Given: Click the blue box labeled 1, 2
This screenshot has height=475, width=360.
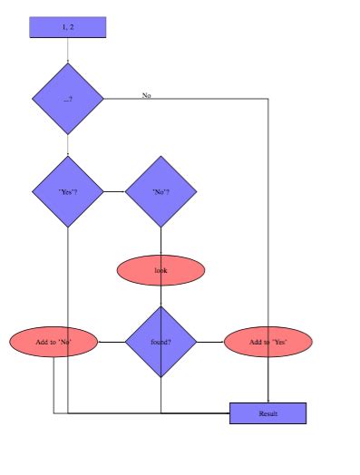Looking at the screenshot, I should coord(68,27).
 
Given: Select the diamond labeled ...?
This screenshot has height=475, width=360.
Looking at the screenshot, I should coord(68,97).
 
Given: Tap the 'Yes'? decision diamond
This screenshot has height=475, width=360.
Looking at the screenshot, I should coord(68,191).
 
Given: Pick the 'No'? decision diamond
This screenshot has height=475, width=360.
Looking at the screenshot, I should coord(161,191).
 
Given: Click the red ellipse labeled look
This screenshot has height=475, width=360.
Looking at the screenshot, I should coord(161,270).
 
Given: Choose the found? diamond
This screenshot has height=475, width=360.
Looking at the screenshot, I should coord(161,342).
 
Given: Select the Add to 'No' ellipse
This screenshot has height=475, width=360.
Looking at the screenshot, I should coord(53,342).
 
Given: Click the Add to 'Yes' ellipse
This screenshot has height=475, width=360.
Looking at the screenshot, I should coord(268,342).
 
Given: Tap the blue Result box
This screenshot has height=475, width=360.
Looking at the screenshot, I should coord(268,413).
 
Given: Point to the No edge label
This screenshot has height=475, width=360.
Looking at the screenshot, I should coord(146,94).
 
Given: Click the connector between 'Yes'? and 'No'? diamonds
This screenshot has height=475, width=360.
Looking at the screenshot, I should coord(114,191).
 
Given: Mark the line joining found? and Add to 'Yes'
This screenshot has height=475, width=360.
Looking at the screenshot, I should coord(209,342).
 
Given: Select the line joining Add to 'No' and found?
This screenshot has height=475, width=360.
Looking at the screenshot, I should coord(111,342).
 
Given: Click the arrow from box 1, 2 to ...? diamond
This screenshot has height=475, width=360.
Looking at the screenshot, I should coord(68,51).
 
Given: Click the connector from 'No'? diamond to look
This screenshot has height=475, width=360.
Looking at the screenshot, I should coord(161,241).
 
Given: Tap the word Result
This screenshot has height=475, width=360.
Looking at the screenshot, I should coord(268,413).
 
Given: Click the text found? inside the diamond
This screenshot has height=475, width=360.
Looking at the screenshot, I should coord(161,342).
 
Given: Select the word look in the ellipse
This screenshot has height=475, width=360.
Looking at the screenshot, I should coord(161,270).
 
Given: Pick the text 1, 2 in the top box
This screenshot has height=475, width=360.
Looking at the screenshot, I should coord(68,27).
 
